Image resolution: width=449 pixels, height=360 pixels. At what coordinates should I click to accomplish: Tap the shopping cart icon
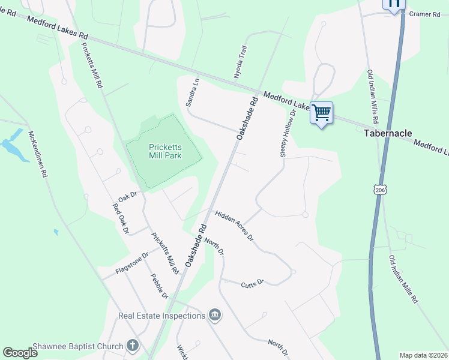[x=322, y=112]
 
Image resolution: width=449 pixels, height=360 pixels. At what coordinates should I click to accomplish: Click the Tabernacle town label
[x=388, y=133]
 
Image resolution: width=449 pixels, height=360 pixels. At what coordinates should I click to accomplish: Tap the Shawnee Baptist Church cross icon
[x=133, y=346]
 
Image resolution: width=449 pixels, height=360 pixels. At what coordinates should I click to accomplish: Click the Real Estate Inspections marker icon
[x=215, y=315]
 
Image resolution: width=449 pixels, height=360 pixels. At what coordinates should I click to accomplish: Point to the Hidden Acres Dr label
[x=235, y=226]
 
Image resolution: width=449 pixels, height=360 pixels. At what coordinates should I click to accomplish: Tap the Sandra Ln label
[x=192, y=92]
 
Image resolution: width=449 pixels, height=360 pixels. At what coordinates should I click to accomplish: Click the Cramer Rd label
[x=424, y=14]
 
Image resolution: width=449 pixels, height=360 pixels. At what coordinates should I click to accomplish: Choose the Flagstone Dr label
[x=124, y=265]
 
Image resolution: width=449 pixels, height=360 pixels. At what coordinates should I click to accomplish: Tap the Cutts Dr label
[x=253, y=283]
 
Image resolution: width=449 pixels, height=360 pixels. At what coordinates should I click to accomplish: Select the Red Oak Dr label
[x=121, y=218]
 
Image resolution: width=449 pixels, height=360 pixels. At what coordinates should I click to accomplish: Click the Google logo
[x=20, y=353]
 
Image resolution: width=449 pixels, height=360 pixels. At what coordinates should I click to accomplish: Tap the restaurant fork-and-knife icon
[x=394, y=4]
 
